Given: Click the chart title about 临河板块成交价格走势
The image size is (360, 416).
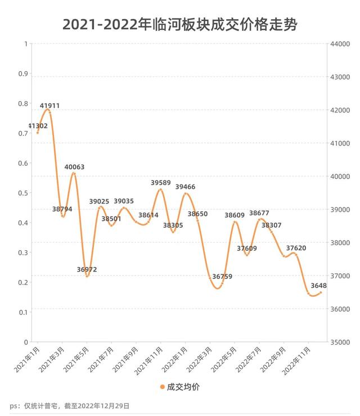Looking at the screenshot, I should pos(180,24).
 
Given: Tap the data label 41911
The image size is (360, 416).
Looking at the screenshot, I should pos(49,106).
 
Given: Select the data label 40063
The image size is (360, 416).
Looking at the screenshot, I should pos(74,167).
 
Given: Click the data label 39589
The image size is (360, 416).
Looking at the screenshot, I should pos(161,183).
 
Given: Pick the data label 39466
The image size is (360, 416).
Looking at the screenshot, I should pos(186,187).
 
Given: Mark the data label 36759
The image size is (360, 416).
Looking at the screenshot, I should pos(222,276).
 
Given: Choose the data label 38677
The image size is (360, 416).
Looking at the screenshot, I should pos(259,213).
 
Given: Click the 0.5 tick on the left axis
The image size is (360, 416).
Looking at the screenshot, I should pos(23,193).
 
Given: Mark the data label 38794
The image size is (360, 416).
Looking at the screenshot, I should pos(62,209).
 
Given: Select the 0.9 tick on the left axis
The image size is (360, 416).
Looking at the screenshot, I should pos(23,74).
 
